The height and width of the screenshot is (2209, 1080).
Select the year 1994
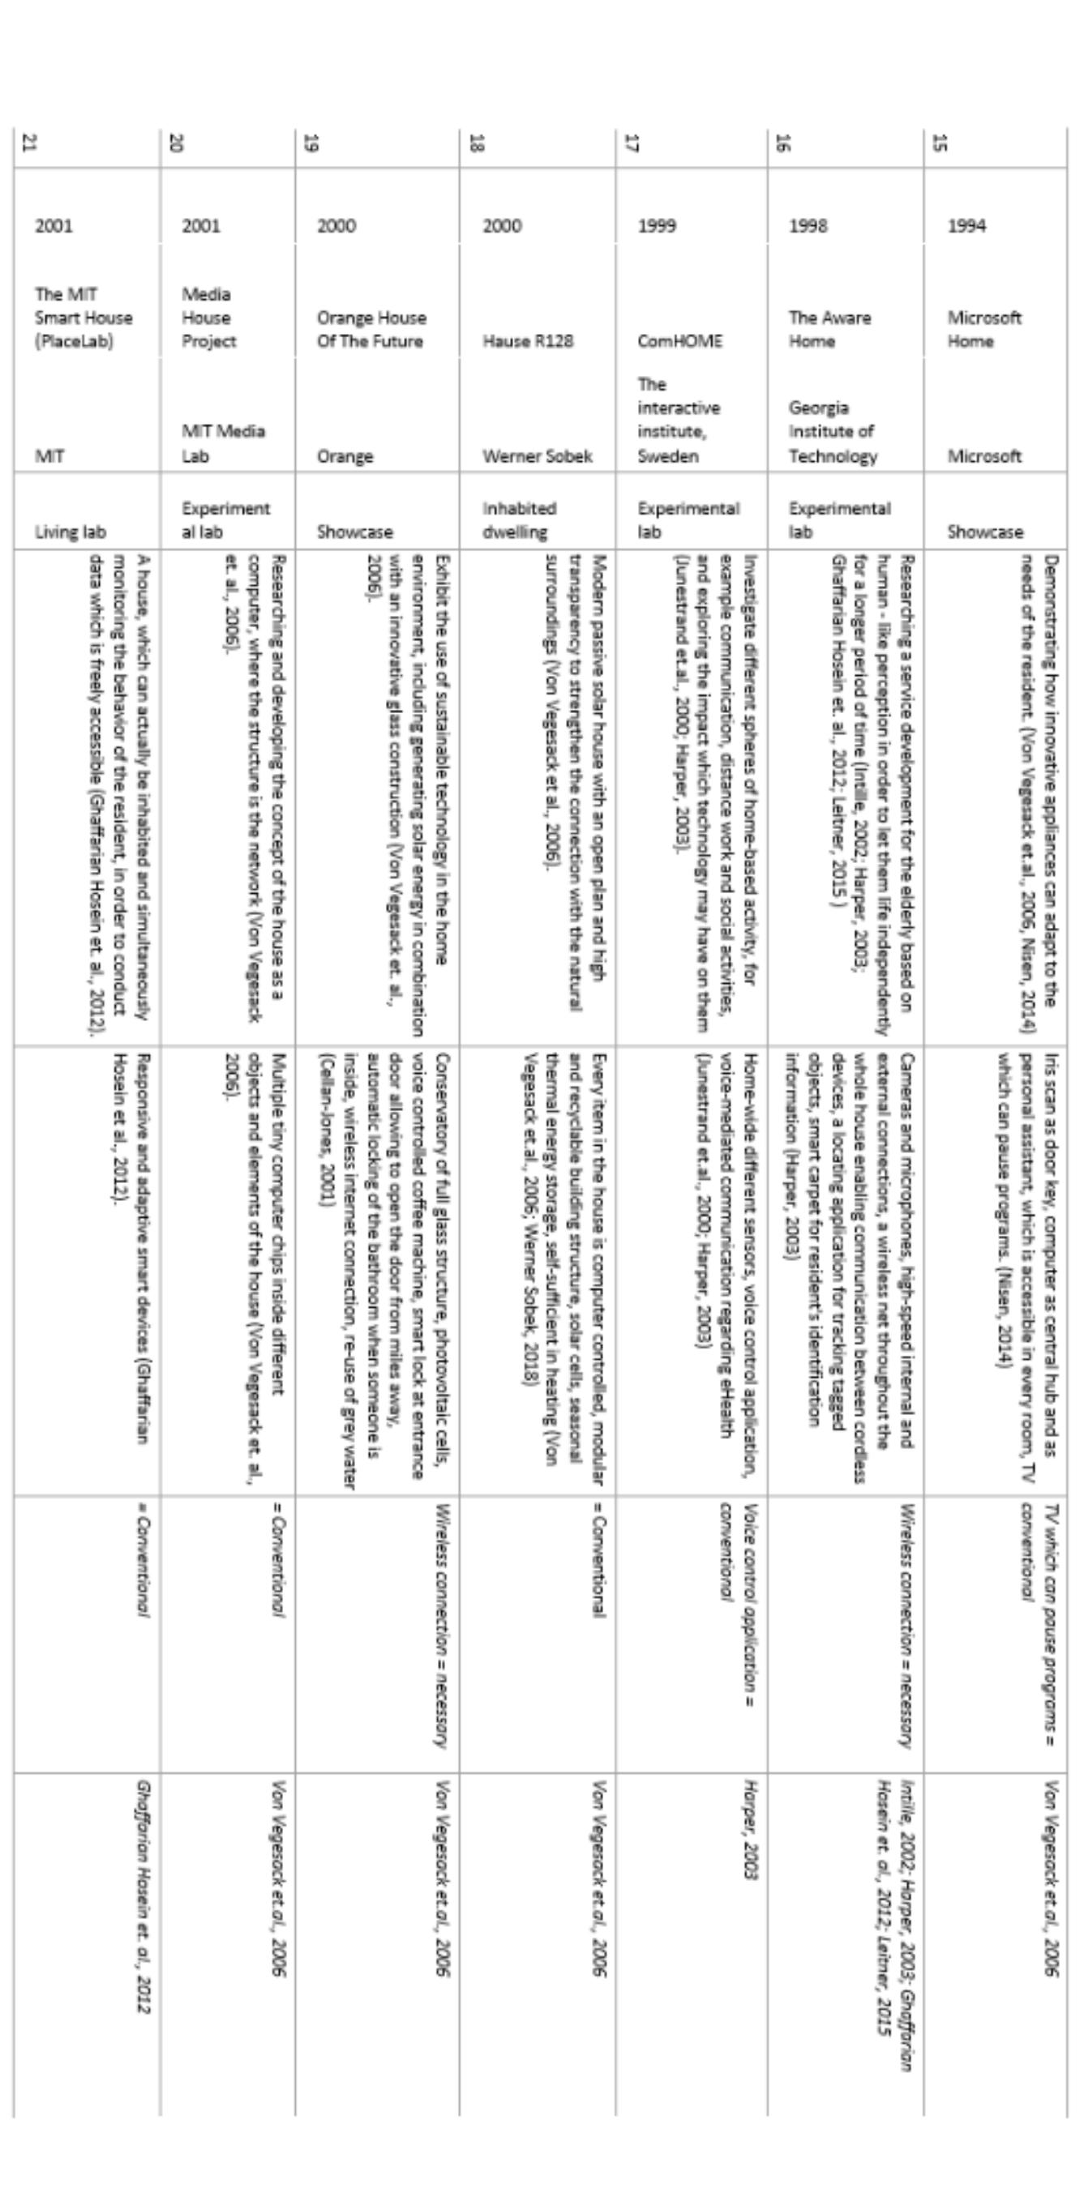966,225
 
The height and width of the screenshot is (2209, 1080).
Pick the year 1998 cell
808,225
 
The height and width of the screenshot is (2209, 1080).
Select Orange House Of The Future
371,329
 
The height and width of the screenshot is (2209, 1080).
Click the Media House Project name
208,318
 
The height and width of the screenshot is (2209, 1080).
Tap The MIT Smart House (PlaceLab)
84,318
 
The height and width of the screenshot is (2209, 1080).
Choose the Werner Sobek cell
537,456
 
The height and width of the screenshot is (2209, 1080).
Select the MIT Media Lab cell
223,443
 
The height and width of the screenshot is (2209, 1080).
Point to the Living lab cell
71,532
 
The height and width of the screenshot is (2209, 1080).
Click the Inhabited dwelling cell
519,519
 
